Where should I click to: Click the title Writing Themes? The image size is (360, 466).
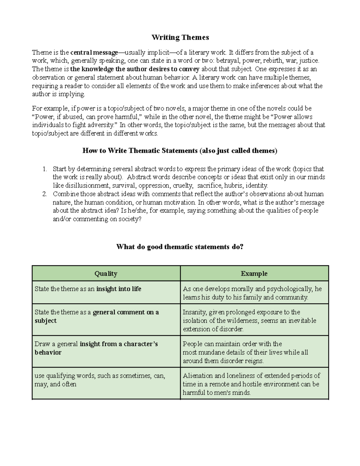pos(180,38)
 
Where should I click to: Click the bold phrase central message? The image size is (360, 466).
pos(94,53)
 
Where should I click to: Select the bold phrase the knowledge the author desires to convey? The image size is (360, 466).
pos(135,69)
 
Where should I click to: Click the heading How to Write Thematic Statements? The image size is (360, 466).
pos(180,151)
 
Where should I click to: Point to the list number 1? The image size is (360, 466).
pos(44,169)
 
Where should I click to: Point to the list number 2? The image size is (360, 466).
pos(44,194)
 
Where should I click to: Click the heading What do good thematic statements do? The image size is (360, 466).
pos(180,247)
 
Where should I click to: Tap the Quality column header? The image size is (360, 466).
pos(106,273)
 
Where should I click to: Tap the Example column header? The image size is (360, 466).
pos(254,273)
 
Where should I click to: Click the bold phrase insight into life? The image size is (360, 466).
pos(118,289)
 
